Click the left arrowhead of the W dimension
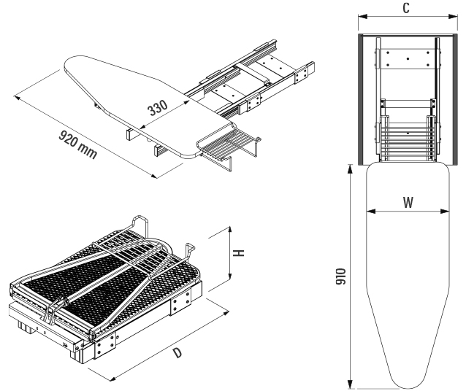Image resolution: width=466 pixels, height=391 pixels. pyautogui.click(x=369, y=213)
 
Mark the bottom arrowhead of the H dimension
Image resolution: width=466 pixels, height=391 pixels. pyautogui.click(x=231, y=280)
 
